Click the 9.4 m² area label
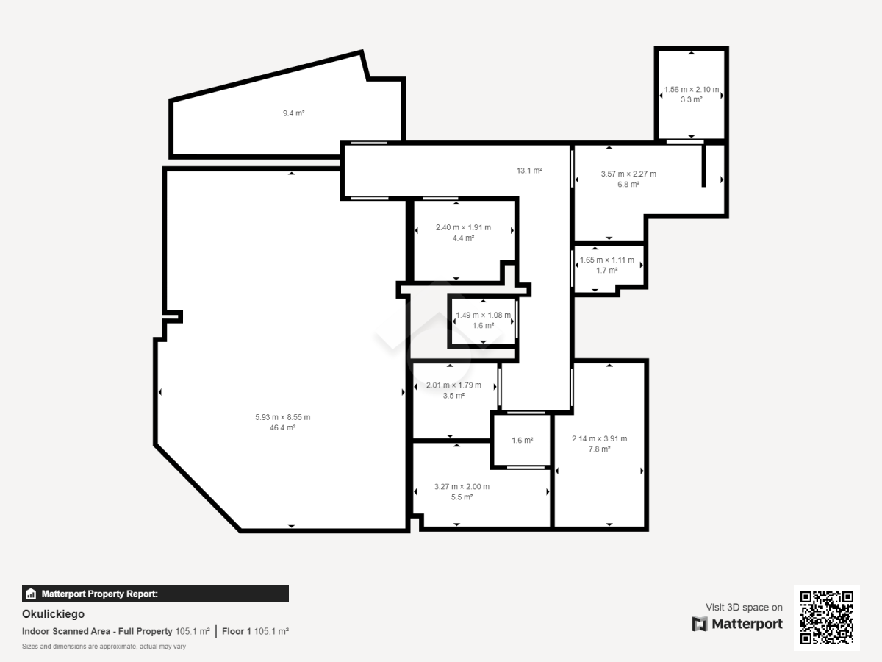tap(294, 113)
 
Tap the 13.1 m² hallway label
tap(529, 171)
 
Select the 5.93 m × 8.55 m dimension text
tap(282, 417)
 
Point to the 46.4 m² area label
tap(282, 427)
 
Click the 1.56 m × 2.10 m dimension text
tap(692, 89)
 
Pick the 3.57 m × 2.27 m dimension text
tap(628, 174)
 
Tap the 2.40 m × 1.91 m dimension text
tap(463, 227)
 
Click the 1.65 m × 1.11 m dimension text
tap(607, 260)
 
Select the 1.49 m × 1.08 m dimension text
tap(483, 315)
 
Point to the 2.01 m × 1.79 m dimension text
tap(453, 385)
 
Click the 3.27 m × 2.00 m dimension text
tap(462, 487)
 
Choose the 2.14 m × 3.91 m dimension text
tap(600, 438)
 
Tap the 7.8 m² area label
tap(600, 449)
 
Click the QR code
tap(827, 618)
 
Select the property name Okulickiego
tap(53, 614)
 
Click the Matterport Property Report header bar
tap(155, 594)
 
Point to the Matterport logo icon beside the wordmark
tap(700, 624)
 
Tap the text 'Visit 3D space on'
tap(744, 608)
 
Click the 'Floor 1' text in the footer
tap(236, 631)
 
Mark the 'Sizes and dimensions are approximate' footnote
tap(104, 647)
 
